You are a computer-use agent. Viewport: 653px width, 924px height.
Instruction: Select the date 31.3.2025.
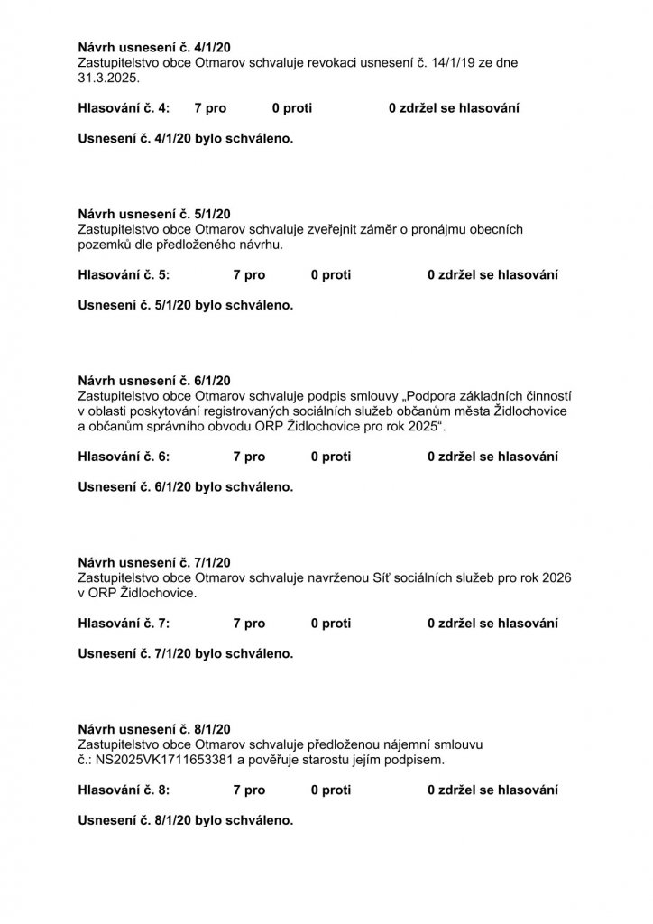click(106, 79)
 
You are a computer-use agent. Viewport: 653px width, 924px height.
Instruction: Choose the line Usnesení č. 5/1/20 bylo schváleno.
click(186, 305)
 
